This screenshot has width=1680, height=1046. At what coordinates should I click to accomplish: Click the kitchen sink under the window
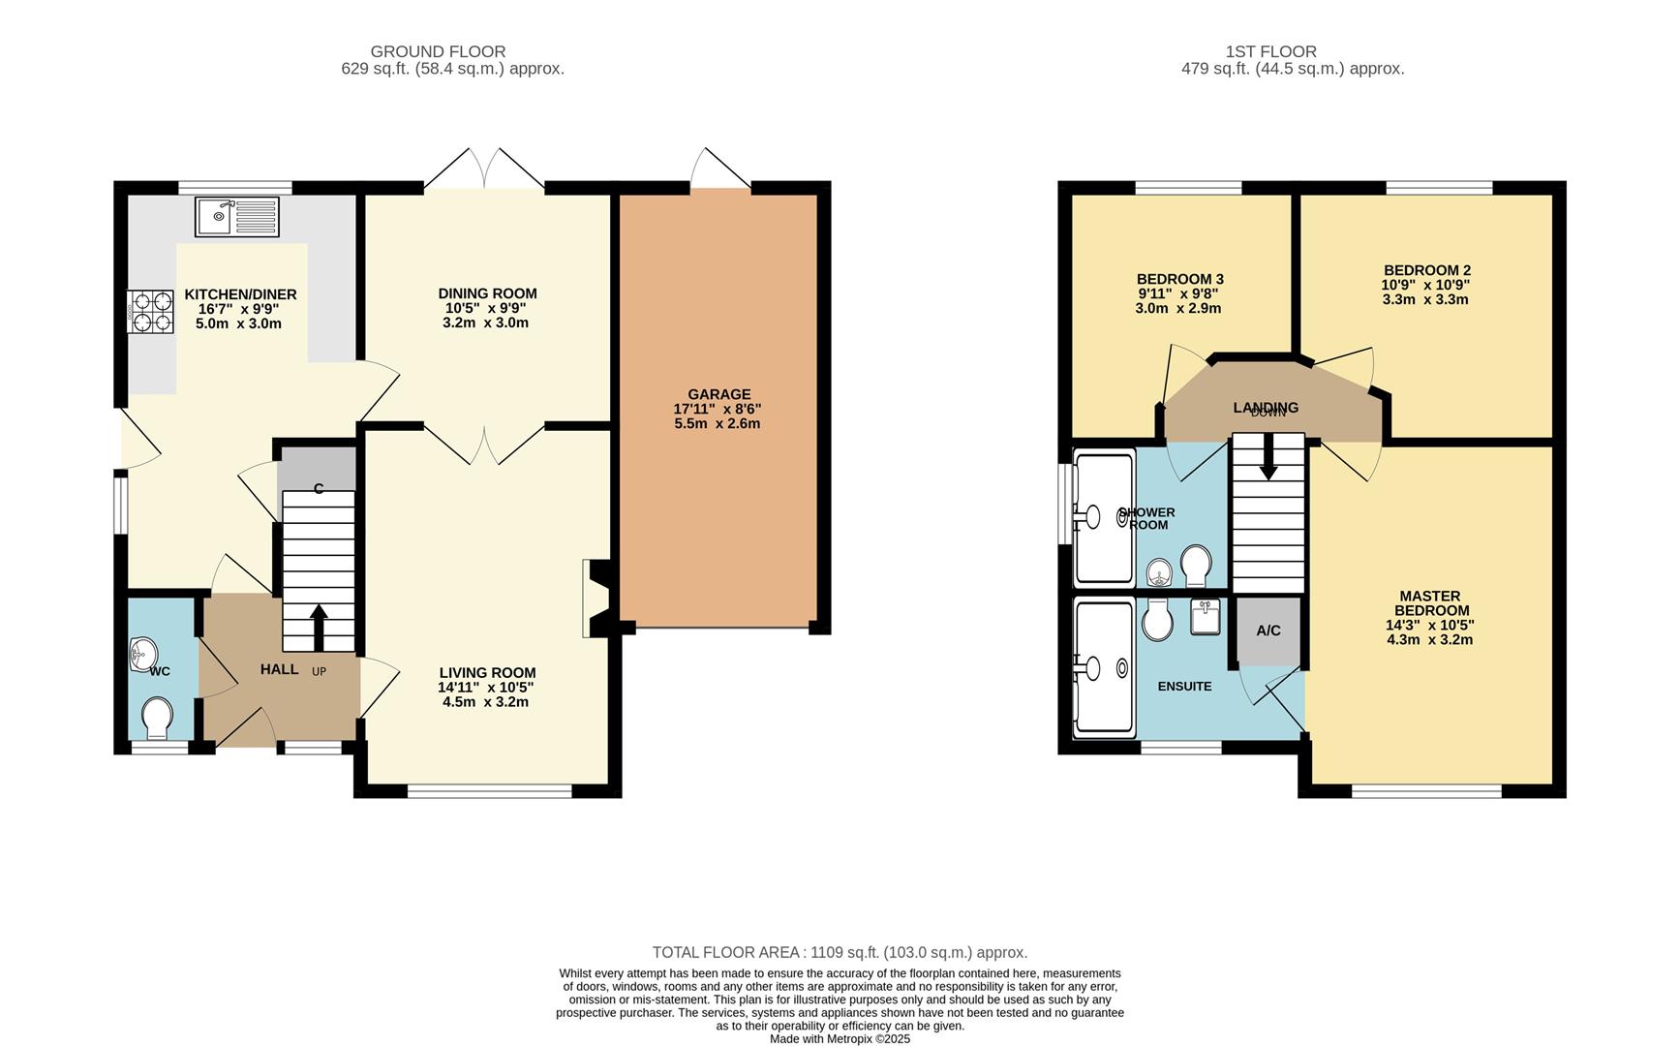point(236,216)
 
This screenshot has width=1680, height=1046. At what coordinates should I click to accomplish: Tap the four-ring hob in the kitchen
point(151,313)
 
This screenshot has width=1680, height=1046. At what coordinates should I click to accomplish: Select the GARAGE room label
point(718,394)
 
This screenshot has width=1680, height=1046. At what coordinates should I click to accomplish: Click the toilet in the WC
point(157,718)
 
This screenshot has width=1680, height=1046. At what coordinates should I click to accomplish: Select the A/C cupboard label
point(1268,631)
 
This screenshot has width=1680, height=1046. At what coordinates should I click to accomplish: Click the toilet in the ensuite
point(1157,620)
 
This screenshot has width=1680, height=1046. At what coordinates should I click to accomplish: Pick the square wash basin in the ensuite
point(1205,616)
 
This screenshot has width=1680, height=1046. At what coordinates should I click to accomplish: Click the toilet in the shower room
point(1195,566)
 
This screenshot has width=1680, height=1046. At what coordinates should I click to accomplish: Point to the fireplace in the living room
point(595,599)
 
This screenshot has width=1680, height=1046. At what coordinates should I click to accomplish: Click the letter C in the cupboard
point(319,489)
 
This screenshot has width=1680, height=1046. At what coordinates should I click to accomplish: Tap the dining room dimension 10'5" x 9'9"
point(486,308)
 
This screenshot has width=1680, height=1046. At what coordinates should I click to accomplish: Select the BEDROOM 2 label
point(1426,270)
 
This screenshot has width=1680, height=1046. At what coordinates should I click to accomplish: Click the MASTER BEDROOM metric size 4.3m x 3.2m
point(1429,639)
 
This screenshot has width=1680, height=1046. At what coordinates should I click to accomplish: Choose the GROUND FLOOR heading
point(438,51)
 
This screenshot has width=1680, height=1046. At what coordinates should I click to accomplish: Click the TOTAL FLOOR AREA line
point(840,952)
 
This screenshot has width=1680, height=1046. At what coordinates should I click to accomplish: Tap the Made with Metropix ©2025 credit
point(840,1038)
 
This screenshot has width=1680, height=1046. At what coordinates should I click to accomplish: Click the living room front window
point(489,791)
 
